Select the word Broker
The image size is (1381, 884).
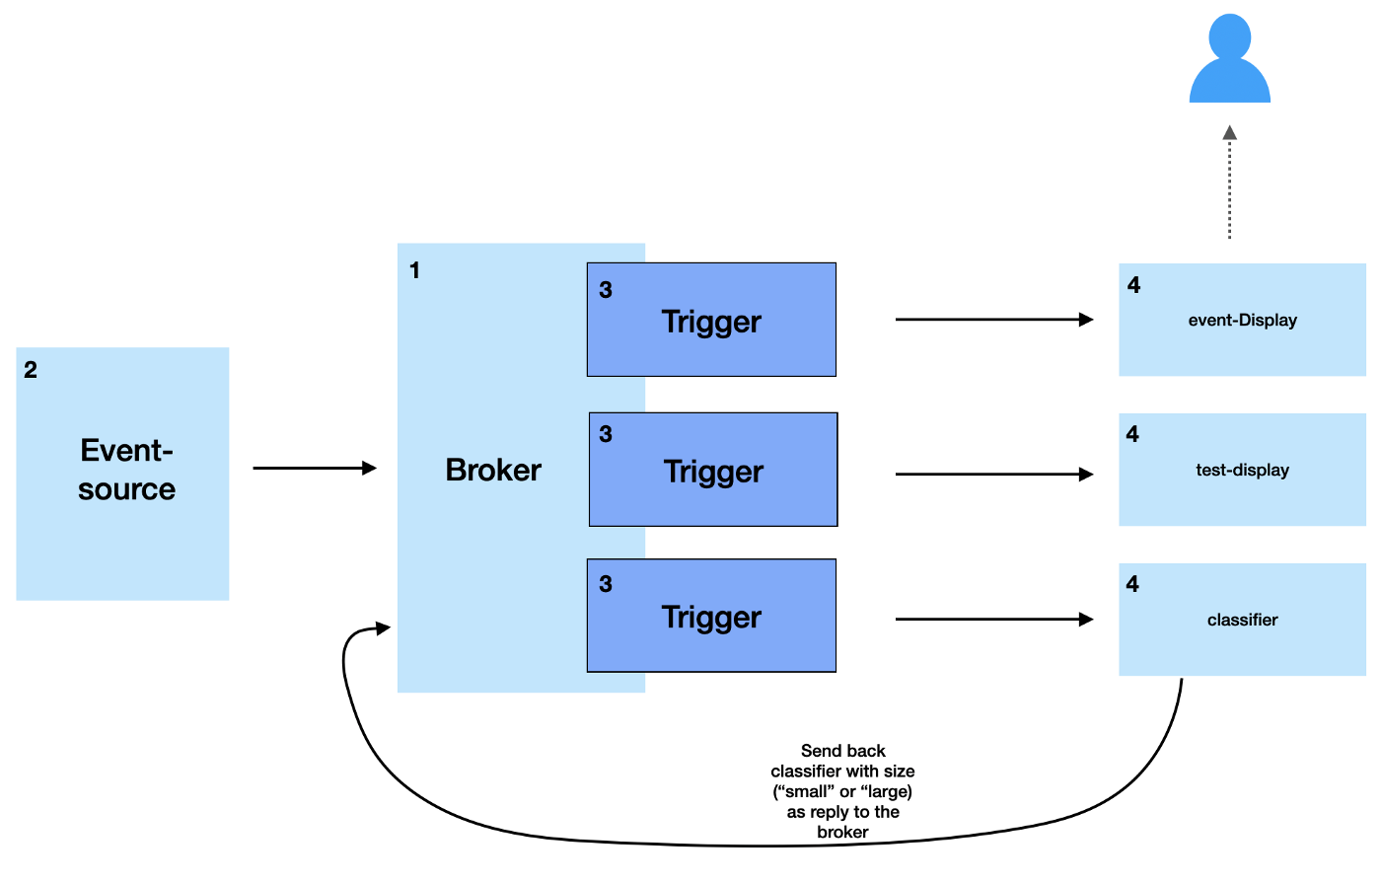493,471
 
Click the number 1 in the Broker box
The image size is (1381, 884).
414,270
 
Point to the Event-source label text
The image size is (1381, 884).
126,471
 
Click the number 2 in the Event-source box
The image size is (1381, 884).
31,370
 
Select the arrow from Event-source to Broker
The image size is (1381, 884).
314,468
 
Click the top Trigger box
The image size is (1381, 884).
711,320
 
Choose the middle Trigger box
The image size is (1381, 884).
713,470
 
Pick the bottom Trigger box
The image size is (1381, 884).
711,617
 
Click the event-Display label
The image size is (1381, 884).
1242,321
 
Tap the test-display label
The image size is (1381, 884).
1242,471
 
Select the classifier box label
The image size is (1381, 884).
1242,621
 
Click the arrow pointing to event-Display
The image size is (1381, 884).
993,320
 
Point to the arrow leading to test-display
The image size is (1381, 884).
993,475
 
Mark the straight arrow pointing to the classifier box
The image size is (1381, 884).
993,620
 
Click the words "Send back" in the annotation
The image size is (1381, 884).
842,751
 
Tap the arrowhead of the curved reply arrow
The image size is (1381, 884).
382,627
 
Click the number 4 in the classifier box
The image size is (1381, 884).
1132,584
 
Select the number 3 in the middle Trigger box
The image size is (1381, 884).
606,434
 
